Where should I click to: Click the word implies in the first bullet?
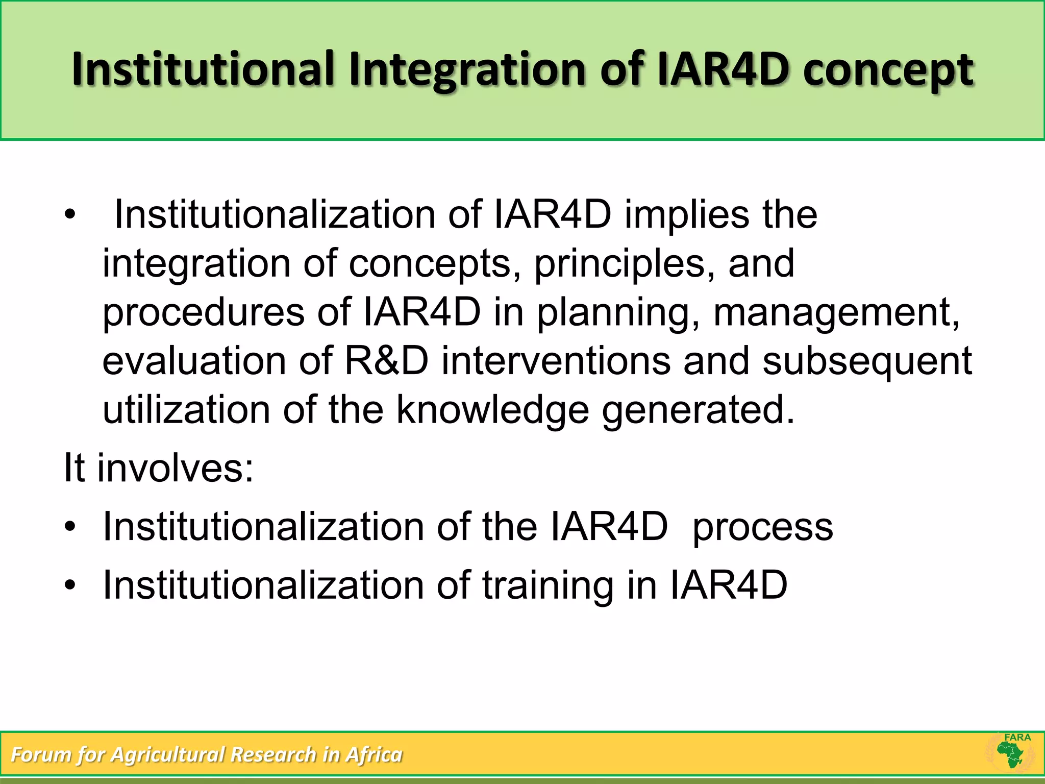(687, 214)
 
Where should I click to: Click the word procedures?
(204, 312)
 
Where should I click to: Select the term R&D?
(386, 361)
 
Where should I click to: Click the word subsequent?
(867, 361)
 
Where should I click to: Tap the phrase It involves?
(158, 468)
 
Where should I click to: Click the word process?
(762, 527)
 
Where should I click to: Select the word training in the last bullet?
(548, 585)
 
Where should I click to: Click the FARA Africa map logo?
(1011, 754)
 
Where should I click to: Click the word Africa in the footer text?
(374, 754)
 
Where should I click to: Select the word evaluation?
(194, 361)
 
